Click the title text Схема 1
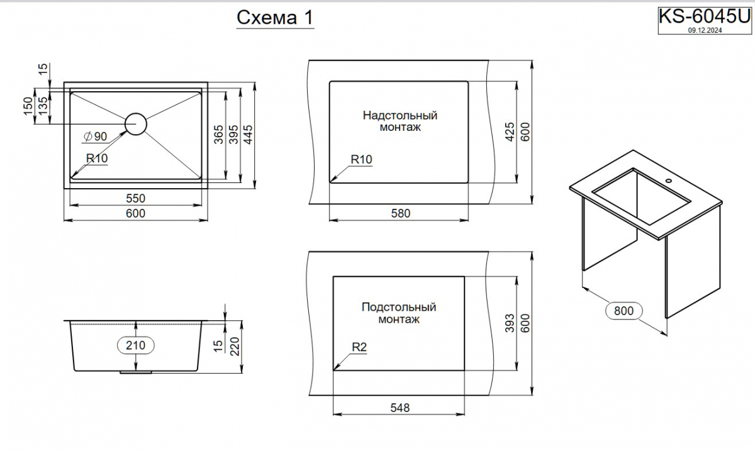pos(275,18)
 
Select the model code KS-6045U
pos(705,16)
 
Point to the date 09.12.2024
pos(705,30)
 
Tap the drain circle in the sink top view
pos(136,124)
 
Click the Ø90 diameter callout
pos(96,136)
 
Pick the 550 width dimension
pos(135,198)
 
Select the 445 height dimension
pos(248,135)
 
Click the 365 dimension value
pos(219,135)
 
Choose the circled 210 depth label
pos(135,345)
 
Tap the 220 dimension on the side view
pos(235,347)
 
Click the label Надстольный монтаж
pos(400,121)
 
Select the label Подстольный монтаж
pos(399,313)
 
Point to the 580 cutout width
pos(401,213)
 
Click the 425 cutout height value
pos(510,132)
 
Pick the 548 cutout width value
pos(400,408)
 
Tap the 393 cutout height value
pos(510,323)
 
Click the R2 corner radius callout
pos(359,347)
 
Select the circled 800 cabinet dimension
pos(624,311)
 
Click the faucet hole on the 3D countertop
pos(668,181)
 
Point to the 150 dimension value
pos(28,106)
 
